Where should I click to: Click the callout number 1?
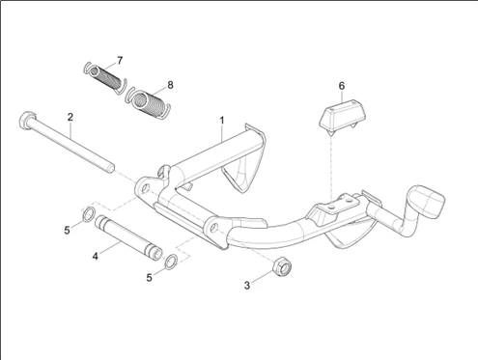pos(222,121)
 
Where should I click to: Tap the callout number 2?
pos(70,117)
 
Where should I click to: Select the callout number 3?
pos(247,286)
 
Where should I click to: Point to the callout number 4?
pos(95,257)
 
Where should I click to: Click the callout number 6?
pos(342,86)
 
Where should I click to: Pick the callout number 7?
pos(120,61)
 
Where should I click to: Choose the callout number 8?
pos(170,85)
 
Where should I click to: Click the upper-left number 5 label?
pos(67,231)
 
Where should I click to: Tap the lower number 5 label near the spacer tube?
pos(149,278)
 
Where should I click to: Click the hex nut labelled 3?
pos(282,266)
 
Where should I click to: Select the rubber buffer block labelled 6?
pos(343,116)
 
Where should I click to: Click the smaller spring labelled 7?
pos(105,77)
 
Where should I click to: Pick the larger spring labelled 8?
pos(147,102)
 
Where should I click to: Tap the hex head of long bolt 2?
pos(26,120)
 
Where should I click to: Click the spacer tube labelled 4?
pos(128,237)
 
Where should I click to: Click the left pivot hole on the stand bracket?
pos(145,188)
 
